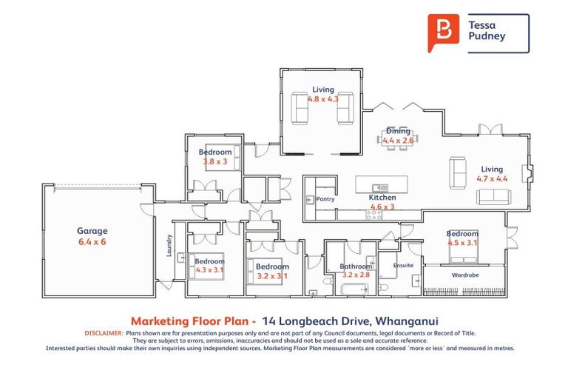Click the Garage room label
pyautogui.click(x=93, y=231)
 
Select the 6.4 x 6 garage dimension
pyautogui.click(x=93, y=241)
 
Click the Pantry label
pyautogui.click(x=325, y=199)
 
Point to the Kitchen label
pyautogui.click(x=382, y=198)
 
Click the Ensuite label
pyautogui.click(x=403, y=265)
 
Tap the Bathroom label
pyautogui.click(x=355, y=266)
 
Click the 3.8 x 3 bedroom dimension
pyautogui.click(x=215, y=161)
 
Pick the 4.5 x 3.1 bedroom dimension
pyautogui.click(x=463, y=242)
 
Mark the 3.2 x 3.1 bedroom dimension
pyautogui.click(x=271, y=275)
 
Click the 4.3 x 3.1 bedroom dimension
pyautogui.click(x=209, y=270)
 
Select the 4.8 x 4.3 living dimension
pyautogui.click(x=322, y=98)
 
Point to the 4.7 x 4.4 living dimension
pyautogui.click(x=493, y=178)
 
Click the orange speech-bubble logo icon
pyautogui.click(x=443, y=32)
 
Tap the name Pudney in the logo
pyautogui.click(x=487, y=36)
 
